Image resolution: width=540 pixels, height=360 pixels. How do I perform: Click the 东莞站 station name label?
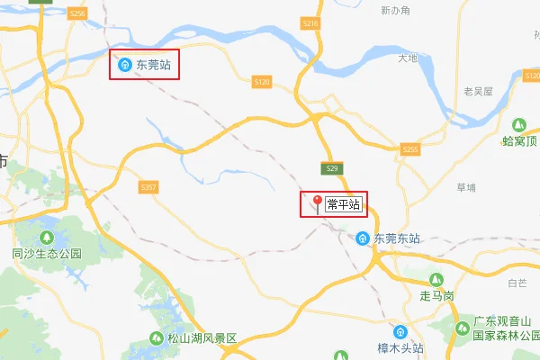(x=153, y=65)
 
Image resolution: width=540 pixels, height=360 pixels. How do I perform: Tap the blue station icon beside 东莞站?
(x=125, y=65)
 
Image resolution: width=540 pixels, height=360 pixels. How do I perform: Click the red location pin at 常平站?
(x=317, y=202)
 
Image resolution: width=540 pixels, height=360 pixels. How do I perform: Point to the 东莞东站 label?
(x=398, y=238)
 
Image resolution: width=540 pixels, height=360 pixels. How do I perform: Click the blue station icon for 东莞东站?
(x=362, y=238)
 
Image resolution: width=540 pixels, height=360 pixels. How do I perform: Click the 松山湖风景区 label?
(x=199, y=339)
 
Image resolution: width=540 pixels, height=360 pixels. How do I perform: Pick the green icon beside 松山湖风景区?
(x=155, y=339)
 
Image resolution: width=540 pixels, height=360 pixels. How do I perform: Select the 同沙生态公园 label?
(x=47, y=254)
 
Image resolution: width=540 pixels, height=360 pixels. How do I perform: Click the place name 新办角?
(x=395, y=11)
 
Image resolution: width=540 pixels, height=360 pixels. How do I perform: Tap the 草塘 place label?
(x=466, y=187)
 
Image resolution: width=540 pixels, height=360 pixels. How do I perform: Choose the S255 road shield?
(x=411, y=148)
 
